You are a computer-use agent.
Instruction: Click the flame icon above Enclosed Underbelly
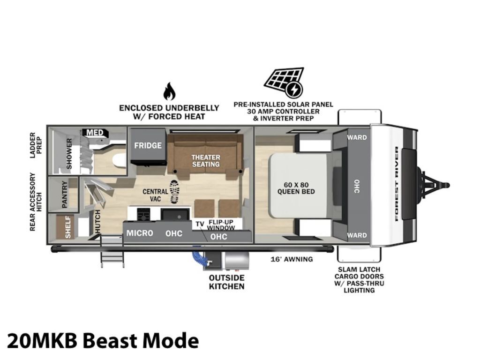(169, 91)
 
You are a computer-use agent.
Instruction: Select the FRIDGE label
(148, 145)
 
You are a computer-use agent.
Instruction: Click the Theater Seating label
(206, 161)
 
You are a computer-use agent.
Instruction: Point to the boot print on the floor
(174, 192)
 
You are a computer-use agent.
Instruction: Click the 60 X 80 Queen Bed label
(296, 188)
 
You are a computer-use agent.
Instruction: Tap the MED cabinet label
(95, 133)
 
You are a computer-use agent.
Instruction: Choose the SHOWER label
(69, 154)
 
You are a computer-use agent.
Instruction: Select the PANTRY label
(65, 195)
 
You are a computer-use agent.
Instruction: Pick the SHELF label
(68, 227)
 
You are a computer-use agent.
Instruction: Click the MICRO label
(140, 233)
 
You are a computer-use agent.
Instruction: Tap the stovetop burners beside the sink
(143, 214)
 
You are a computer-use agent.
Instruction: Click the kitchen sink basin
(175, 215)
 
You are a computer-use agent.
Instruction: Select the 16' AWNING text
(292, 259)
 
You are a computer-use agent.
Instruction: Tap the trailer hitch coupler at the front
(435, 185)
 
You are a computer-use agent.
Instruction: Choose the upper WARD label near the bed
(357, 137)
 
